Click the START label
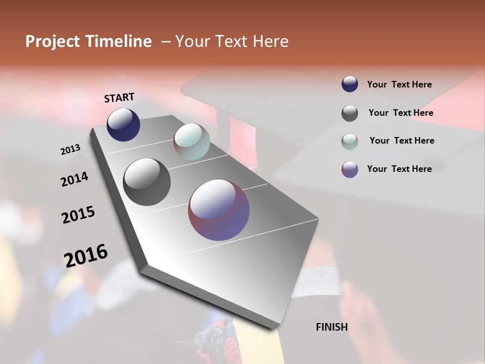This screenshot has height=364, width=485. pos(119,98)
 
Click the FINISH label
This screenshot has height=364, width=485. pos(332,327)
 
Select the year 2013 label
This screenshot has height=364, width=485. pos(70,150)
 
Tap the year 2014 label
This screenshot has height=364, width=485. pos(74,179)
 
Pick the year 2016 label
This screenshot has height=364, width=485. pos(86,255)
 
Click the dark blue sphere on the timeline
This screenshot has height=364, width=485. pos(123,124)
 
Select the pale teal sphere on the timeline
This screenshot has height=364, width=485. pos(191,142)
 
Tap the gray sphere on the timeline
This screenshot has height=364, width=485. pos(147,182)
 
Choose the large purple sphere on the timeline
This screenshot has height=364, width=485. pos(219,210)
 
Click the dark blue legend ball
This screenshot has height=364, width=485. pos(350,84)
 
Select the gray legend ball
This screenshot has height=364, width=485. pos(350,113)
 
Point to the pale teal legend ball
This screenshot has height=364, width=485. pos(350,141)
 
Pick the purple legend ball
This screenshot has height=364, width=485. pos(350,169)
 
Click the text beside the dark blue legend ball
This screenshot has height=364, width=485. pos(399,85)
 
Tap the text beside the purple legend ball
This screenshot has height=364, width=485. pos(399,169)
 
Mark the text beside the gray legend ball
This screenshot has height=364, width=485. pos(401,113)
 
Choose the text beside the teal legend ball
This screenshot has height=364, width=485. pos(402,141)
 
